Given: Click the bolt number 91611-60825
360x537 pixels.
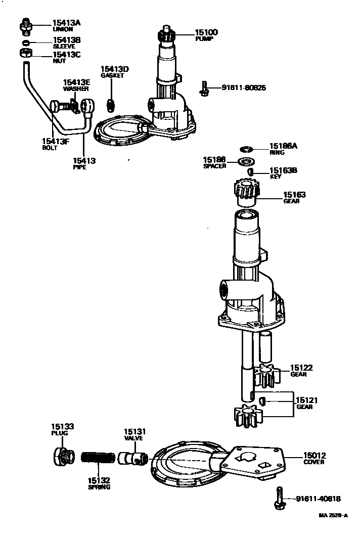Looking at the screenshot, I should pos(244,88).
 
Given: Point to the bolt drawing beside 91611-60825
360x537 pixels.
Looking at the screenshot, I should pos(204,88).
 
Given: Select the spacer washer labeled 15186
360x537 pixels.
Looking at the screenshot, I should pos(247,162).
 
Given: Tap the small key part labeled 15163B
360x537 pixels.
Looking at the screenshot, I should pos(250,172).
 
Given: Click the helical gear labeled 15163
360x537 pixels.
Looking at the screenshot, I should pos(246,192).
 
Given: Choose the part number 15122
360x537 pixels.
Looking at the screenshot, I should pos(302,368).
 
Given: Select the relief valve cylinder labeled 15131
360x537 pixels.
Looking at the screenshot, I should pos(133,459).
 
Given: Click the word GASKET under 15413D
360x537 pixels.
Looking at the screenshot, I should pos(112,75).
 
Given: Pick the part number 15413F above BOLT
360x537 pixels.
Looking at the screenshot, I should pos(55,141).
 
